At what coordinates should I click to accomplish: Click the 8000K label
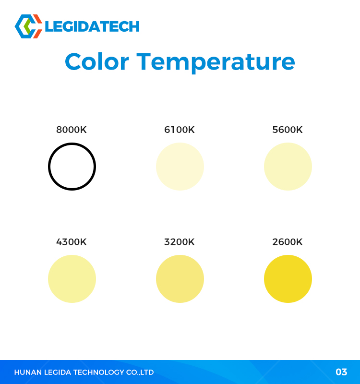click(x=71, y=130)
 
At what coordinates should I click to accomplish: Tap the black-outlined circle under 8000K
click(x=72, y=144)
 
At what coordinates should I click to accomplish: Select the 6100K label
click(x=180, y=130)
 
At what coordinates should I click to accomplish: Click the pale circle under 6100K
click(x=180, y=167)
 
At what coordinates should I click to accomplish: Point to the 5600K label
click(x=288, y=130)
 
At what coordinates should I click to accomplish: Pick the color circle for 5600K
click(x=288, y=167)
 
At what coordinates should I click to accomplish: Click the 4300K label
click(x=71, y=242)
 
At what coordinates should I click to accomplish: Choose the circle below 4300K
click(x=72, y=279)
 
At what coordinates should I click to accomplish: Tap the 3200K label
click(x=180, y=242)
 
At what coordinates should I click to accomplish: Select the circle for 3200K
click(x=180, y=279)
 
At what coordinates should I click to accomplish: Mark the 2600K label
click(x=288, y=242)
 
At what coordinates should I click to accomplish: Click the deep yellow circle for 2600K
click(x=288, y=279)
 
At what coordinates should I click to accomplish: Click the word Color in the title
click(x=97, y=62)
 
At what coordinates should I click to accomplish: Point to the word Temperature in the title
click(x=216, y=63)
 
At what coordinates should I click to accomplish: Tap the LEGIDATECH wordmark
click(x=92, y=26)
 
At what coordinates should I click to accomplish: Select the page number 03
click(x=341, y=372)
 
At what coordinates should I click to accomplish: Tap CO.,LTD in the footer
click(x=140, y=372)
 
